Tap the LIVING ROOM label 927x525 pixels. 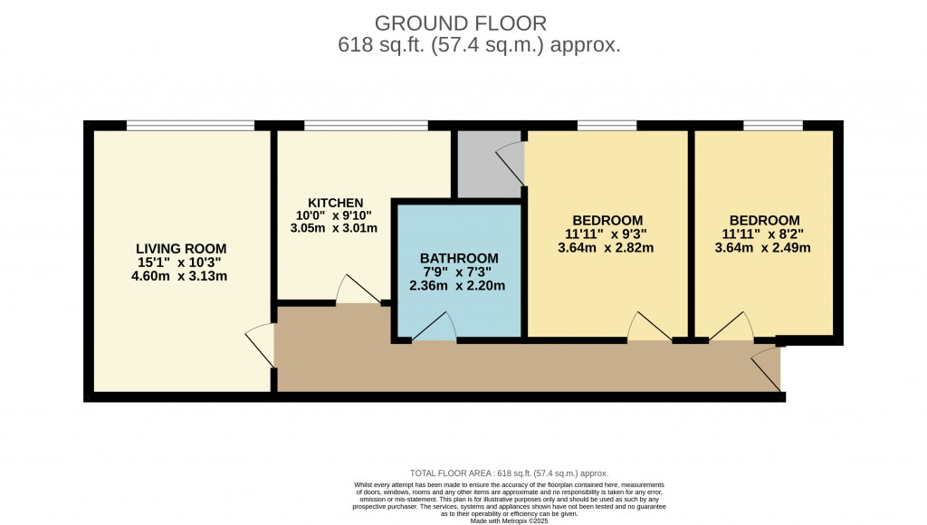coord(181,248)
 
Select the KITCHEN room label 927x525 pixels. coord(335,202)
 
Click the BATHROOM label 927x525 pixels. coord(459,258)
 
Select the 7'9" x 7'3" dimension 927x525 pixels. coord(459,272)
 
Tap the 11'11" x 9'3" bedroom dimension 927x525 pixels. coord(607,234)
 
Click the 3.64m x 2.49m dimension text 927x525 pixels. coord(764,247)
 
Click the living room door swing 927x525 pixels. coord(261,344)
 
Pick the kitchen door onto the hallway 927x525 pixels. coord(356,291)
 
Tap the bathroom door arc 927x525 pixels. coord(435,328)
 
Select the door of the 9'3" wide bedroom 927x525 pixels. coord(648,327)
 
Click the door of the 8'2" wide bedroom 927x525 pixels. coord(731,327)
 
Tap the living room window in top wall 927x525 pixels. coord(190,126)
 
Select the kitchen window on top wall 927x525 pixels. coord(366,126)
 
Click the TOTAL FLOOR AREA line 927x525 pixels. coord(510,473)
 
